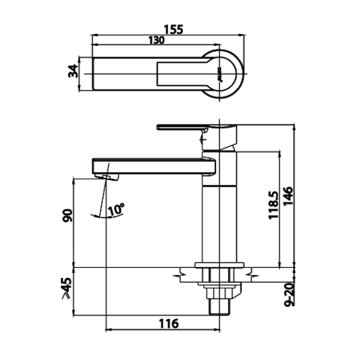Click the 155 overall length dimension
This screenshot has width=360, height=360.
coord(173,30)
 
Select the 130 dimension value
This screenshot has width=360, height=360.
coord(158,41)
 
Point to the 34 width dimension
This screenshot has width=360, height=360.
coord(71,73)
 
